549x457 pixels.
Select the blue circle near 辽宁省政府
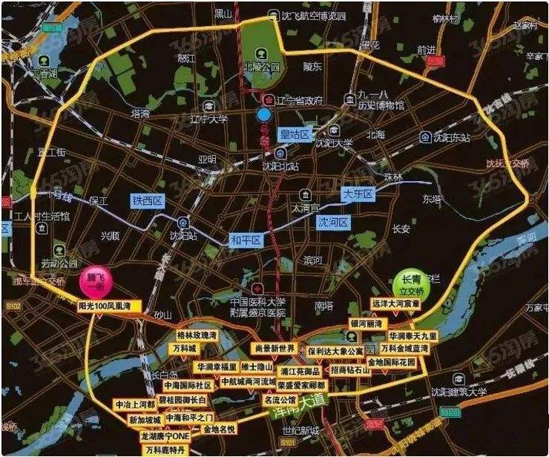click(x=263, y=114)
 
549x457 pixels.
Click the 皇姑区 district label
click(x=293, y=134)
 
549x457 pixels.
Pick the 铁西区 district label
click(x=147, y=201)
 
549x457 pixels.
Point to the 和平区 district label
click(x=246, y=240)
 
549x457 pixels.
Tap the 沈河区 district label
click(x=332, y=222)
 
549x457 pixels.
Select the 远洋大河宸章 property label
click(x=396, y=304)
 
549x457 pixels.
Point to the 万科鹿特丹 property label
click(x=165, y=450)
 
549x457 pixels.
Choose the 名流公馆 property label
click(x=280, y=400)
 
